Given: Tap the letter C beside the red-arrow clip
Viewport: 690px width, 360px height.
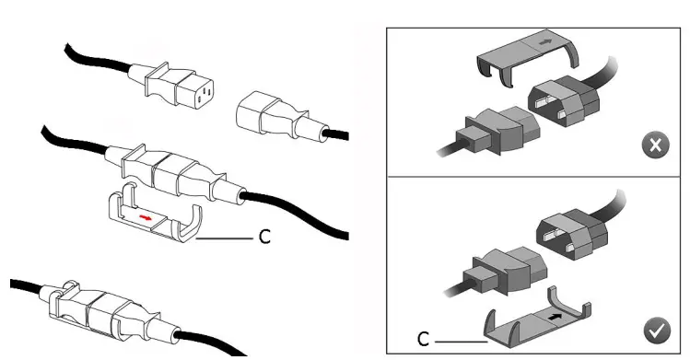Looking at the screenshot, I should tap(264, 238).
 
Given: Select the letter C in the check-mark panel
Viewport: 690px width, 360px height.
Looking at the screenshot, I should tap(423, 339).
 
